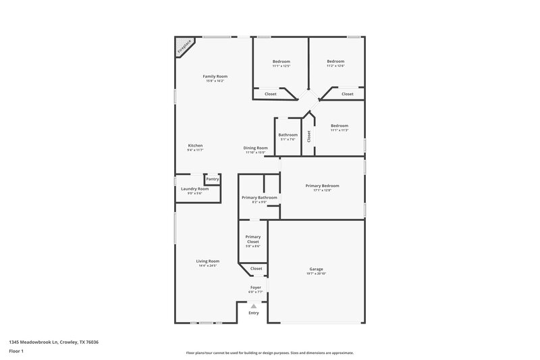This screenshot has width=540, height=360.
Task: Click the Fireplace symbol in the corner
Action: click(x=184, y=46)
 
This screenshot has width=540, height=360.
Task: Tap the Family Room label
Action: click(x=215, y=76)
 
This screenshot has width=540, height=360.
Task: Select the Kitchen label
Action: click(x=195, y=145)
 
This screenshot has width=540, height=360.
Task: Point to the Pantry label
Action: click(x=213, y=179)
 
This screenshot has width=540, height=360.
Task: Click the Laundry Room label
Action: click(x=194, y=188)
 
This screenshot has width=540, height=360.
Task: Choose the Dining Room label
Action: click(x=256, y=148)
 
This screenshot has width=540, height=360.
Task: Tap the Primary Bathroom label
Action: click(x=259, y=197)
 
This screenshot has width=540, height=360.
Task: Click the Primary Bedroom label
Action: click(x=322, y=185)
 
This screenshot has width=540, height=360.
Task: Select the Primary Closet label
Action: click(x=253, y=239)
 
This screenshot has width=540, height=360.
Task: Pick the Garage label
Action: click(x=316, y=269)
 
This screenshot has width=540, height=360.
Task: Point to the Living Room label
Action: click(x=208, y=261)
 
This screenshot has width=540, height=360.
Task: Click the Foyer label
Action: click(x=256, y=287)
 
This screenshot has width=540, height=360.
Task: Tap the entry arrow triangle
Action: click(x=254, y=306)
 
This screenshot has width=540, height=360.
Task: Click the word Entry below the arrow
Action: click(x=254, y=313)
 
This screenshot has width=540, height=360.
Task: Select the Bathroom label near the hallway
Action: click(x=288, y=134)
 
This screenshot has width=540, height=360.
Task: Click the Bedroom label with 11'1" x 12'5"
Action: click(x=281, y=61)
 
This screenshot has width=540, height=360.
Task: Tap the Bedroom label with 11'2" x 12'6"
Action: click(x=335, y=61)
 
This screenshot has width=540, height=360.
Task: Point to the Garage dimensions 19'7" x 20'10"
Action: click(x=316, y=274)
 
